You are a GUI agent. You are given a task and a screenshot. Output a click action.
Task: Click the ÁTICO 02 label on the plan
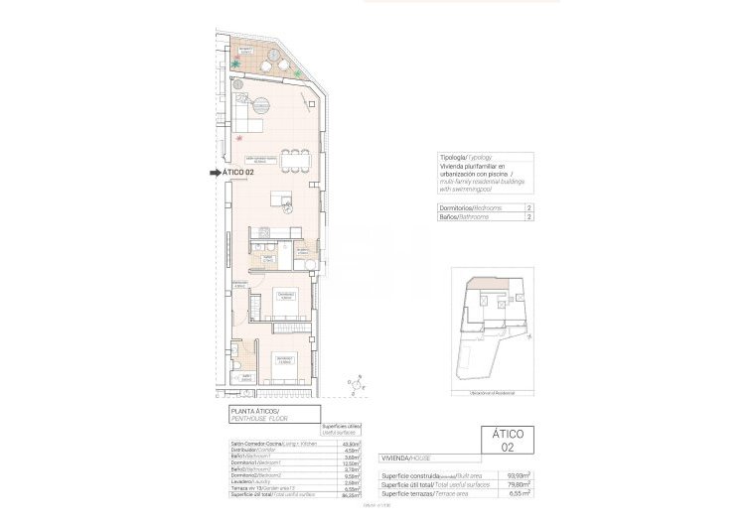click(x=244, y=172)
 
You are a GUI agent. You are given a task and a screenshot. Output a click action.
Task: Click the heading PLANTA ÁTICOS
click(x=255, y=411)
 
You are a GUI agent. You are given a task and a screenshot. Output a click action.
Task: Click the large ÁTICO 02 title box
click(x=508, y=440)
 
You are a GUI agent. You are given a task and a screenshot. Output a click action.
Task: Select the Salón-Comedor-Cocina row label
click(x=273, y=443)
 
